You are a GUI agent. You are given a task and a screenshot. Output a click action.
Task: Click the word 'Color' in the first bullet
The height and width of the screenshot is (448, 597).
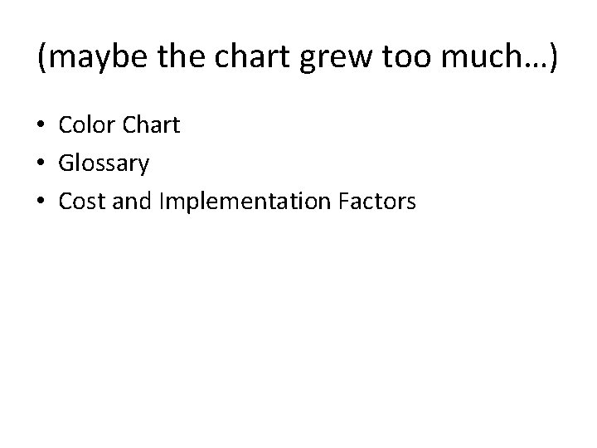pos(86,125)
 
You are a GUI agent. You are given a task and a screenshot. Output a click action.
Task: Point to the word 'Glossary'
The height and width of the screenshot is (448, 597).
pos(104,164)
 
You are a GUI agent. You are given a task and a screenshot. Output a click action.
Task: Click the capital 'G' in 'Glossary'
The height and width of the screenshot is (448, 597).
pos(66,163)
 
